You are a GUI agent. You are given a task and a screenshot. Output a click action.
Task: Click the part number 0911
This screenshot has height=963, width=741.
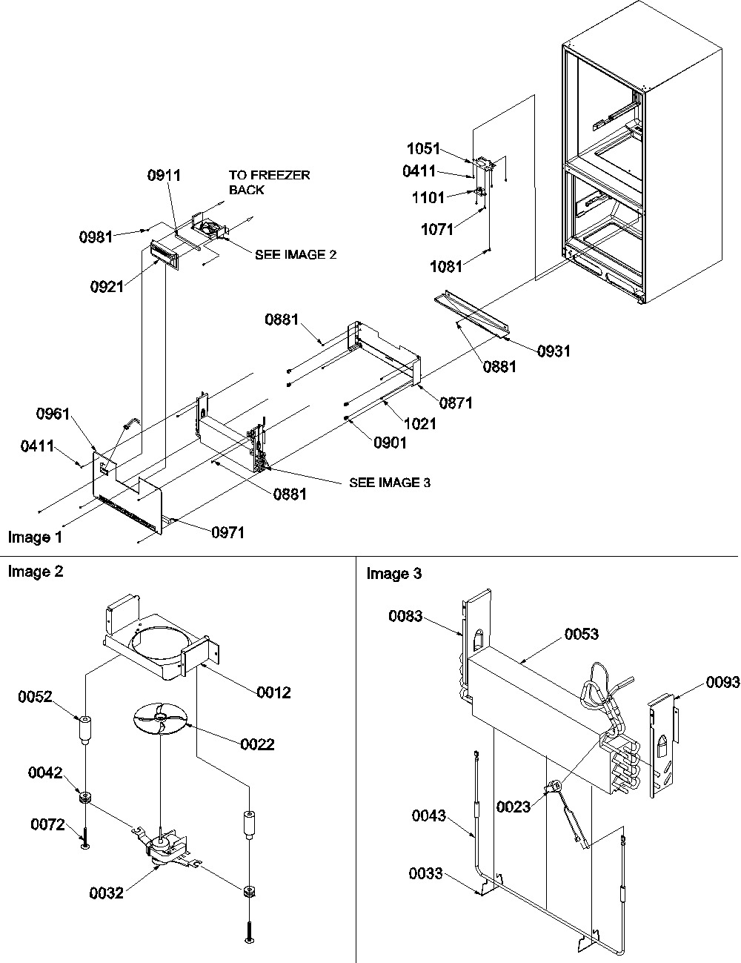pyautogui.click(x=165, y=176)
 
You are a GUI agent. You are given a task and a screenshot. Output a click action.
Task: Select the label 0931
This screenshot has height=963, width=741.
pyautogui.click(x=555, y=351)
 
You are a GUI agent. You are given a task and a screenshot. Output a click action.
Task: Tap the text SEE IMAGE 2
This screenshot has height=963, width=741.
pyautogui.click(x=296, y=254)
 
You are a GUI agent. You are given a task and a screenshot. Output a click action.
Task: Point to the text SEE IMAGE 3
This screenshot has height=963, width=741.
pyautogui.click(x=390, y=483)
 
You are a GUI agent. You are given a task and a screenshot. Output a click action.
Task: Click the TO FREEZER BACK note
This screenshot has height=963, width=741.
pyautogui.click(x=269, y=182)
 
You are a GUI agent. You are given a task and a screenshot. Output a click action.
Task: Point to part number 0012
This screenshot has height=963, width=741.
pyautogui.click(x=274, y=692)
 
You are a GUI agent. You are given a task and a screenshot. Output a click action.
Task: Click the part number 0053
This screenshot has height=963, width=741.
pyautogui.click(x=582, y=634)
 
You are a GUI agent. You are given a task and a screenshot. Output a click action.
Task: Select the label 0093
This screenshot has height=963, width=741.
pyautogui.click(x=722, y=683)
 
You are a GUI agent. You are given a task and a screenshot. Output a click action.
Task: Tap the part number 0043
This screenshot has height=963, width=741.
pyautogui.click(x=429, y=816)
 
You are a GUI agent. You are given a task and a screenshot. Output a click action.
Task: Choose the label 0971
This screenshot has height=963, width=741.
pyautogui.click(x=228, y=532)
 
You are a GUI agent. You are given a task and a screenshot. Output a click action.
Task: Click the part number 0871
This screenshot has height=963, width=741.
pyautogui.click(x=456, y=403)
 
